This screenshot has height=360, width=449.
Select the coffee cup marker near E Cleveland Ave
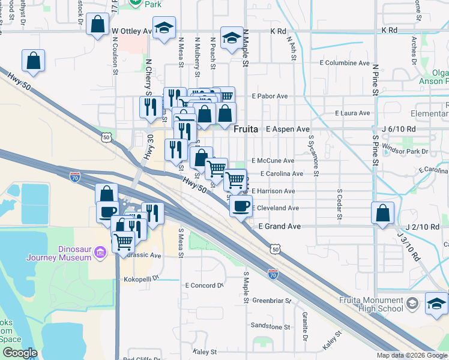click(241, 206)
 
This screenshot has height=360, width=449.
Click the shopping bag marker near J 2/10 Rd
click(382, 213)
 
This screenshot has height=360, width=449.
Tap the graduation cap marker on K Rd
click(231, 38)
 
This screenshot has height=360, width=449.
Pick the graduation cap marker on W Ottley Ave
click(163, 28)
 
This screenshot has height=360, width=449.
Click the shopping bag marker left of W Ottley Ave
click(97, 25)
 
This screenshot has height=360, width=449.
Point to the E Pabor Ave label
click(270, 96)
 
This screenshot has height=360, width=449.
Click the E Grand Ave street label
click(279, 227)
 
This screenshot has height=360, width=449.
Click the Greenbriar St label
click(271, 300)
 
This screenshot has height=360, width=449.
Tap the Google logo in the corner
click(19, 353)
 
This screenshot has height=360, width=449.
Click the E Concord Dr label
click(204, 286)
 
